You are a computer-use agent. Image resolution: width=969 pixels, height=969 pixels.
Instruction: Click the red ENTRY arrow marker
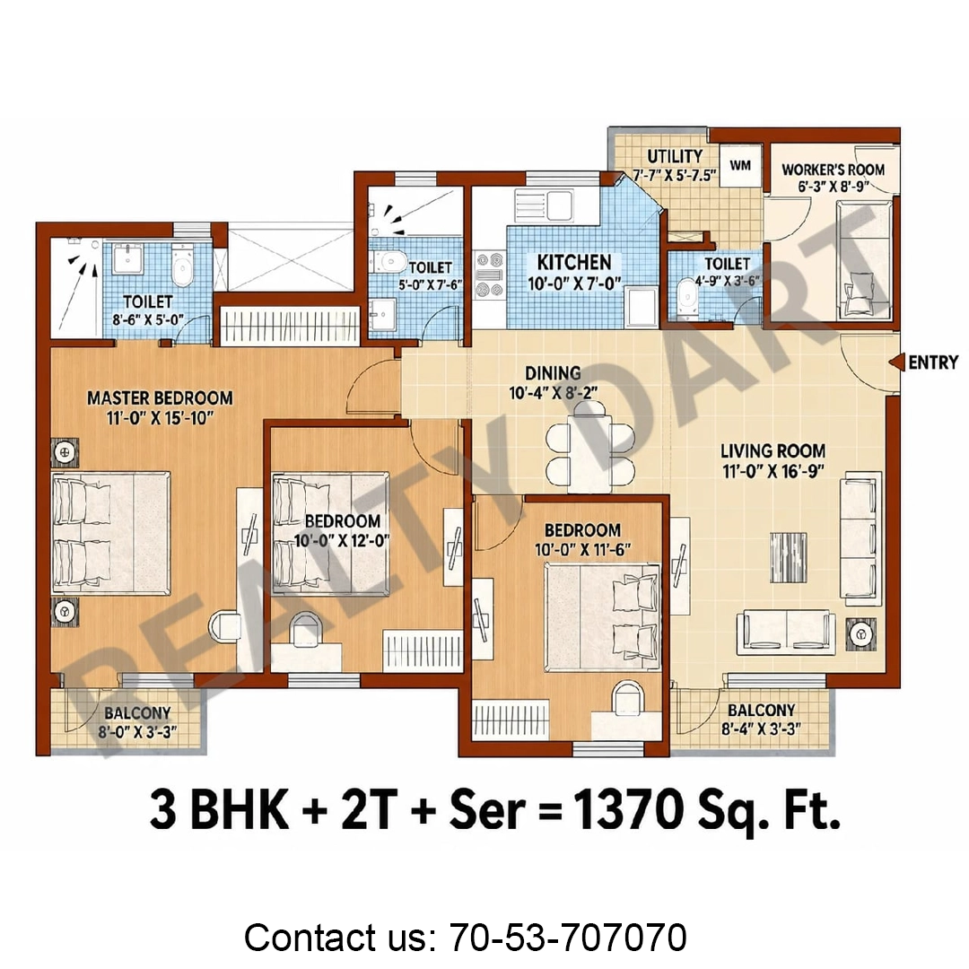tap(896, 362)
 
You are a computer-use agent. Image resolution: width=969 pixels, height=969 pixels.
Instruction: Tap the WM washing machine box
tap(740, 165)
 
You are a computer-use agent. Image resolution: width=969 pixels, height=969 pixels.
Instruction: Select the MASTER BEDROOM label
tap(160, 398)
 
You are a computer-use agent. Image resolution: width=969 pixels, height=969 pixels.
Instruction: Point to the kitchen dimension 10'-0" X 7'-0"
tap(574, 284)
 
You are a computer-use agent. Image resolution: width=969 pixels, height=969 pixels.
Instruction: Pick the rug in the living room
tap(789, 557)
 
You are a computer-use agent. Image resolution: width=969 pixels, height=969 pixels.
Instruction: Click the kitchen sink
tap(545, 205)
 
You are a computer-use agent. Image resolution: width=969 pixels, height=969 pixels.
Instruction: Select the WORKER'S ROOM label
tap(833, 170)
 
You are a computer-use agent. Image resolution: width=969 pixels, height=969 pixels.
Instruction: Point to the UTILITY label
tap(675, 156)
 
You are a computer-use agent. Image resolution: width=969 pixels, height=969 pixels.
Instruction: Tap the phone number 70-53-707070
tap(568, 937)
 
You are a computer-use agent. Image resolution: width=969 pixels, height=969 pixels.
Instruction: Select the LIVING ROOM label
tap(773, 451)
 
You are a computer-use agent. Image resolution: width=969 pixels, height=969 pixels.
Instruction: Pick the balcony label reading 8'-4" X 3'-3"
tap(761, 729)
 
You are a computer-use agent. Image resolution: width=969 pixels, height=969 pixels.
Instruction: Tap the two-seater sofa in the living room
tap(785, 632)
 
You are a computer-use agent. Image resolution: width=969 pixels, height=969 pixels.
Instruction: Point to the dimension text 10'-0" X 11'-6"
tap(583, 549)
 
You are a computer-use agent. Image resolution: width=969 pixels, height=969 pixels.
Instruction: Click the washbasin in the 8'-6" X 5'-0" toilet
tap(128, 259)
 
